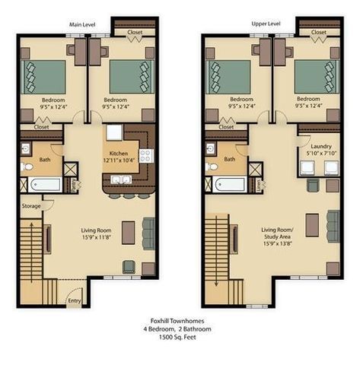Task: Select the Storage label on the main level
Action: (x=31, y=205)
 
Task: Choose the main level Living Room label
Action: (x=97, y=231)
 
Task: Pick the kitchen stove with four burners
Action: (x=145, y=155)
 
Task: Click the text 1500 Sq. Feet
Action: (x=180, y=338)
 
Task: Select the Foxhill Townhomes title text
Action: (x=180, y=320)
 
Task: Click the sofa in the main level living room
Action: (x=148, y=231)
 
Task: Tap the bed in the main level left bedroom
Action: (x=46, y=77)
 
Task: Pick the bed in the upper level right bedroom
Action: (x=311, y=77)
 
